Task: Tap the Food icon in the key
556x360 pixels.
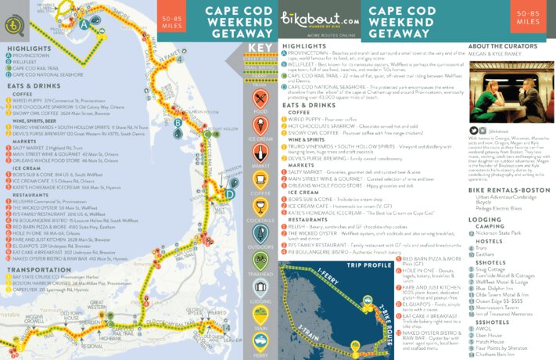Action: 260,100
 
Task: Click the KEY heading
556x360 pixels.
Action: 260,48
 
